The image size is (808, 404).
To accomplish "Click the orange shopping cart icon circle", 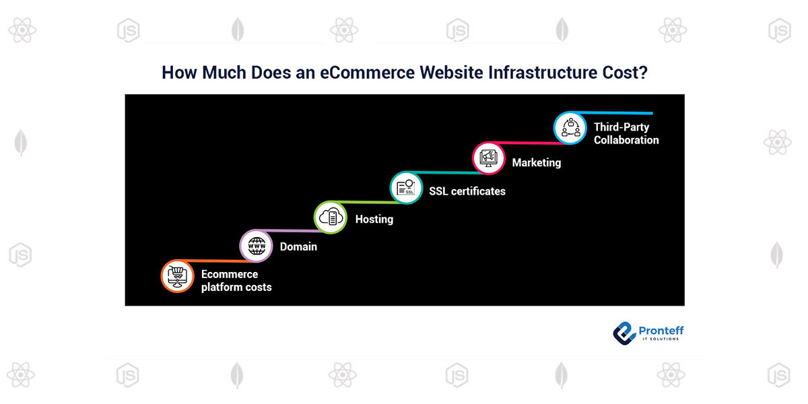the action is point(178,276).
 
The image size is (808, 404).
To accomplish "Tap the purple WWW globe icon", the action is point(257,246).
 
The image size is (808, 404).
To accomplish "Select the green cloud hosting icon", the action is point(331,217).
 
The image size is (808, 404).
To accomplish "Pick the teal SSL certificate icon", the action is point(406,188).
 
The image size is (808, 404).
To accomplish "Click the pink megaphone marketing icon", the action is point(489,158).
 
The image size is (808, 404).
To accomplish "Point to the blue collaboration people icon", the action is point(570,128).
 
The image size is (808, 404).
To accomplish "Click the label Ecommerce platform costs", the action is point(236,281).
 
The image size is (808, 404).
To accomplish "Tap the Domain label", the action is point(298,246).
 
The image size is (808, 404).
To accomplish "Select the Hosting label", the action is point(374,220).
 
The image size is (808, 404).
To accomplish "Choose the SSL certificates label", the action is point(467,191).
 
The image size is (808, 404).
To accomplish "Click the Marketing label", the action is point(537,163).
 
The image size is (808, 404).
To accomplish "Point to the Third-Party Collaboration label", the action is point(626,133).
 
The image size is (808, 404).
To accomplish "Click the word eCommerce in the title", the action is point(367,73).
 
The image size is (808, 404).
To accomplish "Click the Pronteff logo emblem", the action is point(624,333).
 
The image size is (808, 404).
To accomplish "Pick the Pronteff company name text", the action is point(661,331).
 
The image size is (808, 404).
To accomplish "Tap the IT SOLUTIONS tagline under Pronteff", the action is point(661,339).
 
